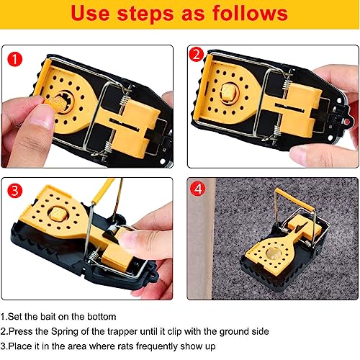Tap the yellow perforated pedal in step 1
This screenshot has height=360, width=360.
click(x=83, y=101)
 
